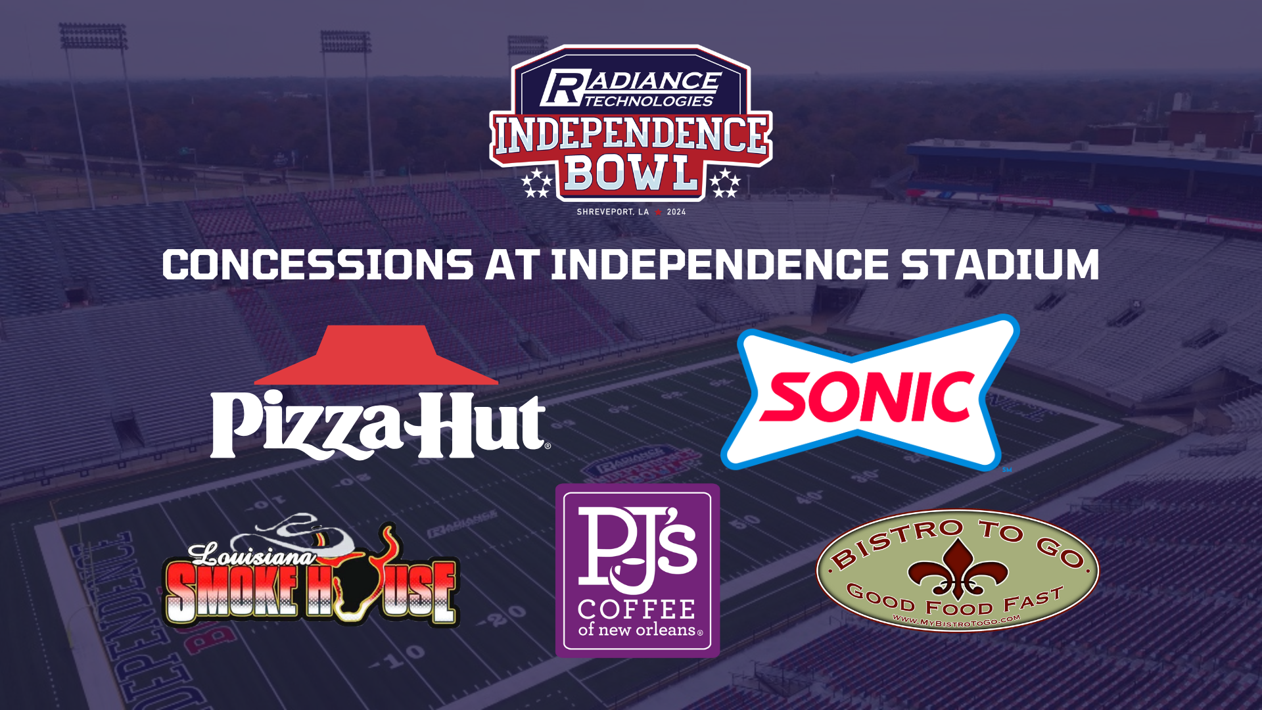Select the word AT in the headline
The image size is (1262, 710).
[512, 265]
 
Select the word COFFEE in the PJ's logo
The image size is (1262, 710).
[636, 609]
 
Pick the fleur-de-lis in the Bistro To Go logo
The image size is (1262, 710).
[957, 567]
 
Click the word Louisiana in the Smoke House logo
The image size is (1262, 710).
[252, 556]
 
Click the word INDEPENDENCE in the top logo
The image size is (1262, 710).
[630, 135]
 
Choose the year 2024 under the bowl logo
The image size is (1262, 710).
[676, 212]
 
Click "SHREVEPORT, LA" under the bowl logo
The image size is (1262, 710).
[613, 212]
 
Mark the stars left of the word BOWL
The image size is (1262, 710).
[537, 182]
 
